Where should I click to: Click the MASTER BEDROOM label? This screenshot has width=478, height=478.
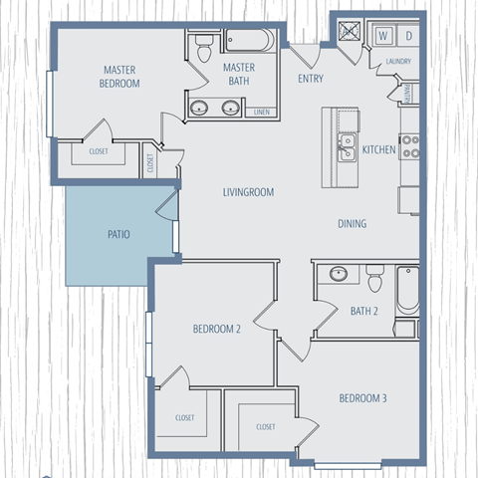(x=120, y=77)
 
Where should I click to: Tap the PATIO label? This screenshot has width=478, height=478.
(x=119, y=235)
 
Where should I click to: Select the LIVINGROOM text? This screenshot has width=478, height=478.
(x=248, y=192)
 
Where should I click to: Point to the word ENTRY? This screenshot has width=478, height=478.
(x=311, y=79)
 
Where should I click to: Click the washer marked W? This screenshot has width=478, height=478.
(x=382, y=36)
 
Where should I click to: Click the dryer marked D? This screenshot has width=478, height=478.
(x=409, y=36)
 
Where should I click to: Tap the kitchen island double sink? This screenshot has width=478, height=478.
(x=347, y=147)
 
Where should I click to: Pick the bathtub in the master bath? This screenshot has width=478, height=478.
(x=248, y=41)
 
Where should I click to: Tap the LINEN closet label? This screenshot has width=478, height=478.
(x=264, y=112)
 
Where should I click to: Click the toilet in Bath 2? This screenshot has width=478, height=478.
(x=375, y=279)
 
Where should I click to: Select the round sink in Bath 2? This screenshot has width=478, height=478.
(x=338, y=274)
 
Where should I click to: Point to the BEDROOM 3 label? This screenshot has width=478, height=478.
(x=362, y=399)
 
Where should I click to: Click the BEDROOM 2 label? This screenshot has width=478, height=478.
(x=217, y=330)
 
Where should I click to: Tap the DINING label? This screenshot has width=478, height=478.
(x=352, y=224)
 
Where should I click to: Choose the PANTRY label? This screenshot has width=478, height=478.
(x=409, y=94)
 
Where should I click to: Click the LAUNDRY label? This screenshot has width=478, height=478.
(x=397, y=62)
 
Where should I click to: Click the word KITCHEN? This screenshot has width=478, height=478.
(x=379, y=150)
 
